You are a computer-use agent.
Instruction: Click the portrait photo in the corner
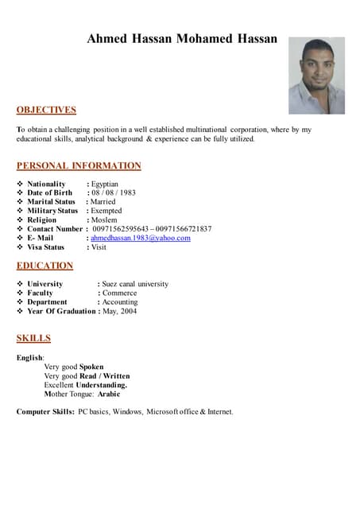tap(316, 76)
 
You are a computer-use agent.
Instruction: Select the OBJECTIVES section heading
tap(46, 110)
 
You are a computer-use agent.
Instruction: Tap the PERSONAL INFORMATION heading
tap(79, 165)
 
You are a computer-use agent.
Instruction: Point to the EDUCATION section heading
tap(45, 266)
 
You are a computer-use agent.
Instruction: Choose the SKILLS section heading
tap(33, 338)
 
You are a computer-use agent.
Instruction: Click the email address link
tap(141, 238)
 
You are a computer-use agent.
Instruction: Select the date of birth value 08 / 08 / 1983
tap(114, 192)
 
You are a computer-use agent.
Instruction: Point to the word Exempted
tap(106, 211)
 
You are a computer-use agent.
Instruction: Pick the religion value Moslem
tap(104, 220)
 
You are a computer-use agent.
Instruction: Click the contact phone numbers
tap(152, 229)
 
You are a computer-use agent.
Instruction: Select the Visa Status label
tap(45, 247)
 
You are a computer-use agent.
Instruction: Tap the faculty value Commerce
tap(119, 293)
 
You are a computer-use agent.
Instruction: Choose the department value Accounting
tap(120, 302)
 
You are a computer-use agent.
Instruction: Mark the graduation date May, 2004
tap(120, 311)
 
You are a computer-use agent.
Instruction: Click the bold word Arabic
tap(109, 394)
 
